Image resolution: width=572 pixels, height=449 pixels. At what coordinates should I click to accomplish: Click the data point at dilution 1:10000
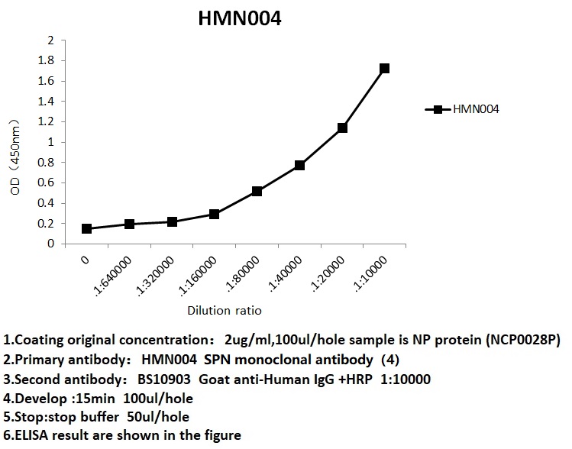(384, 69)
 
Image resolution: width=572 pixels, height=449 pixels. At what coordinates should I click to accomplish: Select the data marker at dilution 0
(87, 228)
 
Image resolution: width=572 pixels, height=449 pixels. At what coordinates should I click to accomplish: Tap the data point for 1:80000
(257, 190)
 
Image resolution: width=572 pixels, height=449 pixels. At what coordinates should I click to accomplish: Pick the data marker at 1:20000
(342, 128)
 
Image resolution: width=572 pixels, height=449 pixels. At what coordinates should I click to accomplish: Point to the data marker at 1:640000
(129, 224)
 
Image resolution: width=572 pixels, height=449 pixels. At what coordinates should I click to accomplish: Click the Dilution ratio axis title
(225, 311)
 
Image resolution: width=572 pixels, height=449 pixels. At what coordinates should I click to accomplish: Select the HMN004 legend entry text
(476, 109)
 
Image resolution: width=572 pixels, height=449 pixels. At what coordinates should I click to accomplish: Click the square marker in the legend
(437, 109)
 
